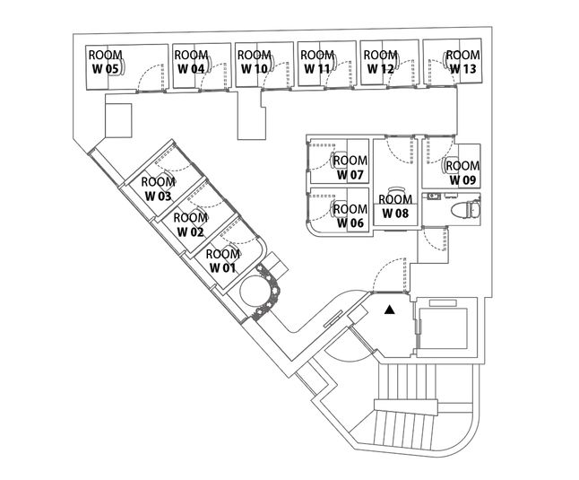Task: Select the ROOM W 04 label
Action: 191,61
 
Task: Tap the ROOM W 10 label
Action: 255,61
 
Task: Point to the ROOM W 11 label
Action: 317,61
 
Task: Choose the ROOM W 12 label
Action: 380,61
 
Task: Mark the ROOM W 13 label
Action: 462,61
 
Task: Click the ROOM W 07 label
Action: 350,168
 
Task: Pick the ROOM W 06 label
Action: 350,216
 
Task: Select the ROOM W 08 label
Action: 395,206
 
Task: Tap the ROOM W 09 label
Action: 462,172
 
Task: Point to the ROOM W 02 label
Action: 190,224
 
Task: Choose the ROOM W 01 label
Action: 222,261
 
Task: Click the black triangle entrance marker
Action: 389,310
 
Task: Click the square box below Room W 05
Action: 118,118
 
